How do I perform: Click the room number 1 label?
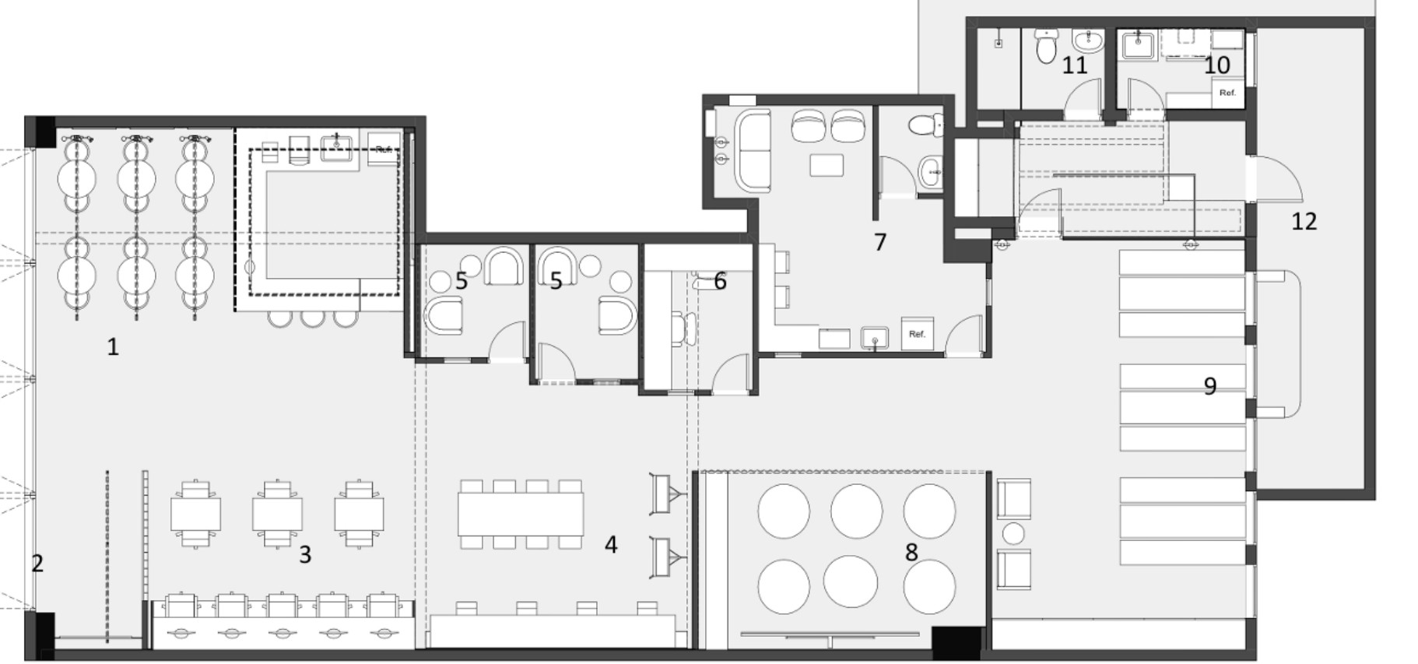click(113, 346)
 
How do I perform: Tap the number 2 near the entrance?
click(37, 563)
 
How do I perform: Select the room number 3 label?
click(305, 554)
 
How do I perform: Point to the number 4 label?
click(611, 545)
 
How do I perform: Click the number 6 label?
click(720, 281)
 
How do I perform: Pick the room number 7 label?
click(880, 242)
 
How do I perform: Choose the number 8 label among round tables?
click(911, 552)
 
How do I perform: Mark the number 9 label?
click(1210, 385)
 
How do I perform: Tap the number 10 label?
click(1217, 65)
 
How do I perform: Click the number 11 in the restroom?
click(1075, 65)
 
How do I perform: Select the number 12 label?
click(1304, 221)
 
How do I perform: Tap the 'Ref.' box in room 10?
click(1228, 93)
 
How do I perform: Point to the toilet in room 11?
click(1047, 46)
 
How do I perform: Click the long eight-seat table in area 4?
click(521, 514)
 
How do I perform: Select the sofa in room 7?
click(753, 151)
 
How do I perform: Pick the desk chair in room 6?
click(685, 328)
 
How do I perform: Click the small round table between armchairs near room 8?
click(1013, 534)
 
